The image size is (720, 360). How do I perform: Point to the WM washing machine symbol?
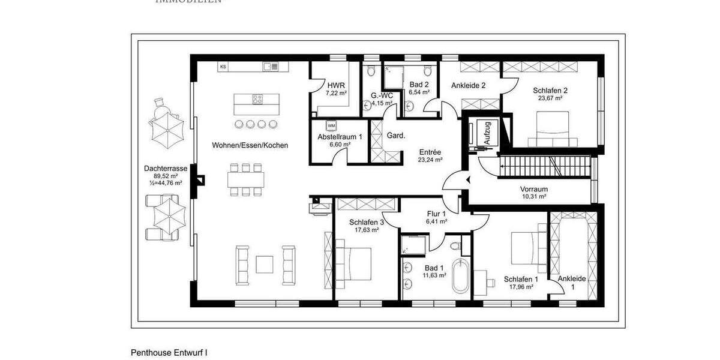point(331,125)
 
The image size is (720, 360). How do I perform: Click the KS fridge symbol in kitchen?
point(223,67)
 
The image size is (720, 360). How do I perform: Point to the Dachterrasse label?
point(166,169)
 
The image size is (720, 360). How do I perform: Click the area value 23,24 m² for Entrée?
point(430,160)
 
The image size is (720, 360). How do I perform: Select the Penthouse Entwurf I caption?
point(169,353)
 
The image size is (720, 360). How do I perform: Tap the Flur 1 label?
point(436,214)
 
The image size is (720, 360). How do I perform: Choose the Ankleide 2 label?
point(468,85)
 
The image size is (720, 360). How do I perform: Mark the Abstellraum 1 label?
point(340,137)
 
